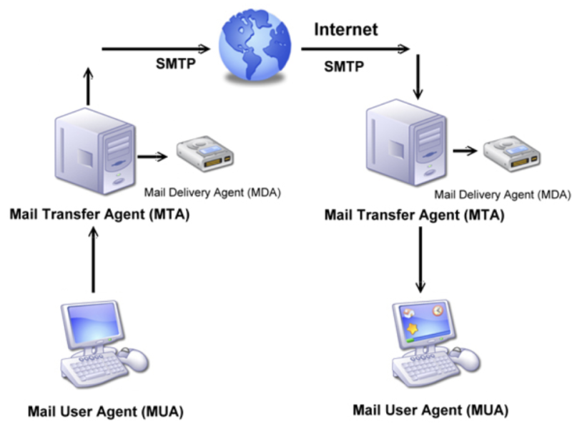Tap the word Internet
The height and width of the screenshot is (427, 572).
346,29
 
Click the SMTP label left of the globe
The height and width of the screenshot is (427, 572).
176,64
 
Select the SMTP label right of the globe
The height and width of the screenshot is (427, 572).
344,67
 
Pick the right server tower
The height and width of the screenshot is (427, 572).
406,143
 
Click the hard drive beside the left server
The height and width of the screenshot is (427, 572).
205,154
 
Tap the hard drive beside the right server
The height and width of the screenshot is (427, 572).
512,154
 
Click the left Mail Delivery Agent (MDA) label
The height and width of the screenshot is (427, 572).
212,192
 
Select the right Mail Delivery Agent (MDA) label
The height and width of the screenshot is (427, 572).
503,195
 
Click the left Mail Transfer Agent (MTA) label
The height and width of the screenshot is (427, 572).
99,215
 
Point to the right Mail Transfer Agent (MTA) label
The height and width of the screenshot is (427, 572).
415,215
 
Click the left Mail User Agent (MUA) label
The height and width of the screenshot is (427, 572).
105,411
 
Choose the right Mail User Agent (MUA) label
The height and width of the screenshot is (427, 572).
430,410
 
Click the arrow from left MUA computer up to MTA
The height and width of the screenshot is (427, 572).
94,260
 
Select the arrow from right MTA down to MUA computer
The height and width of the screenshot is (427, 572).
420,260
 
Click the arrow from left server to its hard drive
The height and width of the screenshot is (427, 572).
152,157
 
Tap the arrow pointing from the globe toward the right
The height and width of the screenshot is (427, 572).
355,49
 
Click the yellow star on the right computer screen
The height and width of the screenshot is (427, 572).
413,329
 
